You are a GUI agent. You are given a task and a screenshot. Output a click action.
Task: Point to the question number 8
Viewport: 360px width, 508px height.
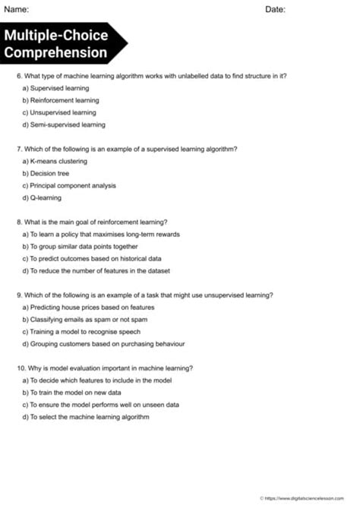point(19,222)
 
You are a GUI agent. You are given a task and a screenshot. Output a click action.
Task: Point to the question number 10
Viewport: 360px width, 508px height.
point(21,368)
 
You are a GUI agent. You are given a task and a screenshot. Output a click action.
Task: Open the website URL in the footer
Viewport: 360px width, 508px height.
point(308,497)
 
